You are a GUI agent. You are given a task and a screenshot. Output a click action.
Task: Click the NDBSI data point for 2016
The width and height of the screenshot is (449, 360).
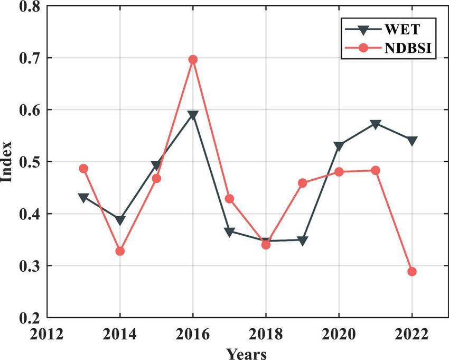pos(193,60)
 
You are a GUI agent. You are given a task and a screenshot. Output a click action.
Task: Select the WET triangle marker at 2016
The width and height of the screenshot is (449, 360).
pos(193,115)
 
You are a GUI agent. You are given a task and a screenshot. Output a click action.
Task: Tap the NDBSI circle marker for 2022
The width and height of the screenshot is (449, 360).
pos(412,272)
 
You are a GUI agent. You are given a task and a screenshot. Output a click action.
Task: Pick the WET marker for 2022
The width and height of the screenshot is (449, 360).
pos(412,141)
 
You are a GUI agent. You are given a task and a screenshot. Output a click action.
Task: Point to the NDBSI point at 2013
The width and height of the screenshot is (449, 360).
pos(83,169)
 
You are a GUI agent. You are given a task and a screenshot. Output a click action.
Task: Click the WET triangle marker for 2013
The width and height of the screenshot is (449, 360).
pos(83,198)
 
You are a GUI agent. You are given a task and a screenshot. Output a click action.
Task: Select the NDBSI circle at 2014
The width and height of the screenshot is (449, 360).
pos(120,251)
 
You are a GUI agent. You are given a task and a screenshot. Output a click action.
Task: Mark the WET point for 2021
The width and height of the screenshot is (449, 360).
pos(376,124)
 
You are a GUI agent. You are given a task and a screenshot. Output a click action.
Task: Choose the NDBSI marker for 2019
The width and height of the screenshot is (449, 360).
pos(303,183)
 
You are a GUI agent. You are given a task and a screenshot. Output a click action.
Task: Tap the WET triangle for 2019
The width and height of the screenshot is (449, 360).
pos(303,241)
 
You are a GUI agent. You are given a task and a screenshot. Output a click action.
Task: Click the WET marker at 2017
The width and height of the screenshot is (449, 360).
pos(229,232)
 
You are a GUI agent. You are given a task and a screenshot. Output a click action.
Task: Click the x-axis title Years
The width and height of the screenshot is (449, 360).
pos(247,353)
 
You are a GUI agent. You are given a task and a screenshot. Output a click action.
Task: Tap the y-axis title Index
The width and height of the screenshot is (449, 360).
pos(7,162)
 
